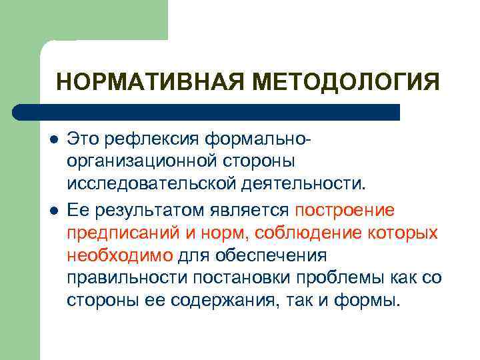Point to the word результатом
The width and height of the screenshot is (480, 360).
(x=144, y=211)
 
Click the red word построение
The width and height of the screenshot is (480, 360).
(x=345, y=211)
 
